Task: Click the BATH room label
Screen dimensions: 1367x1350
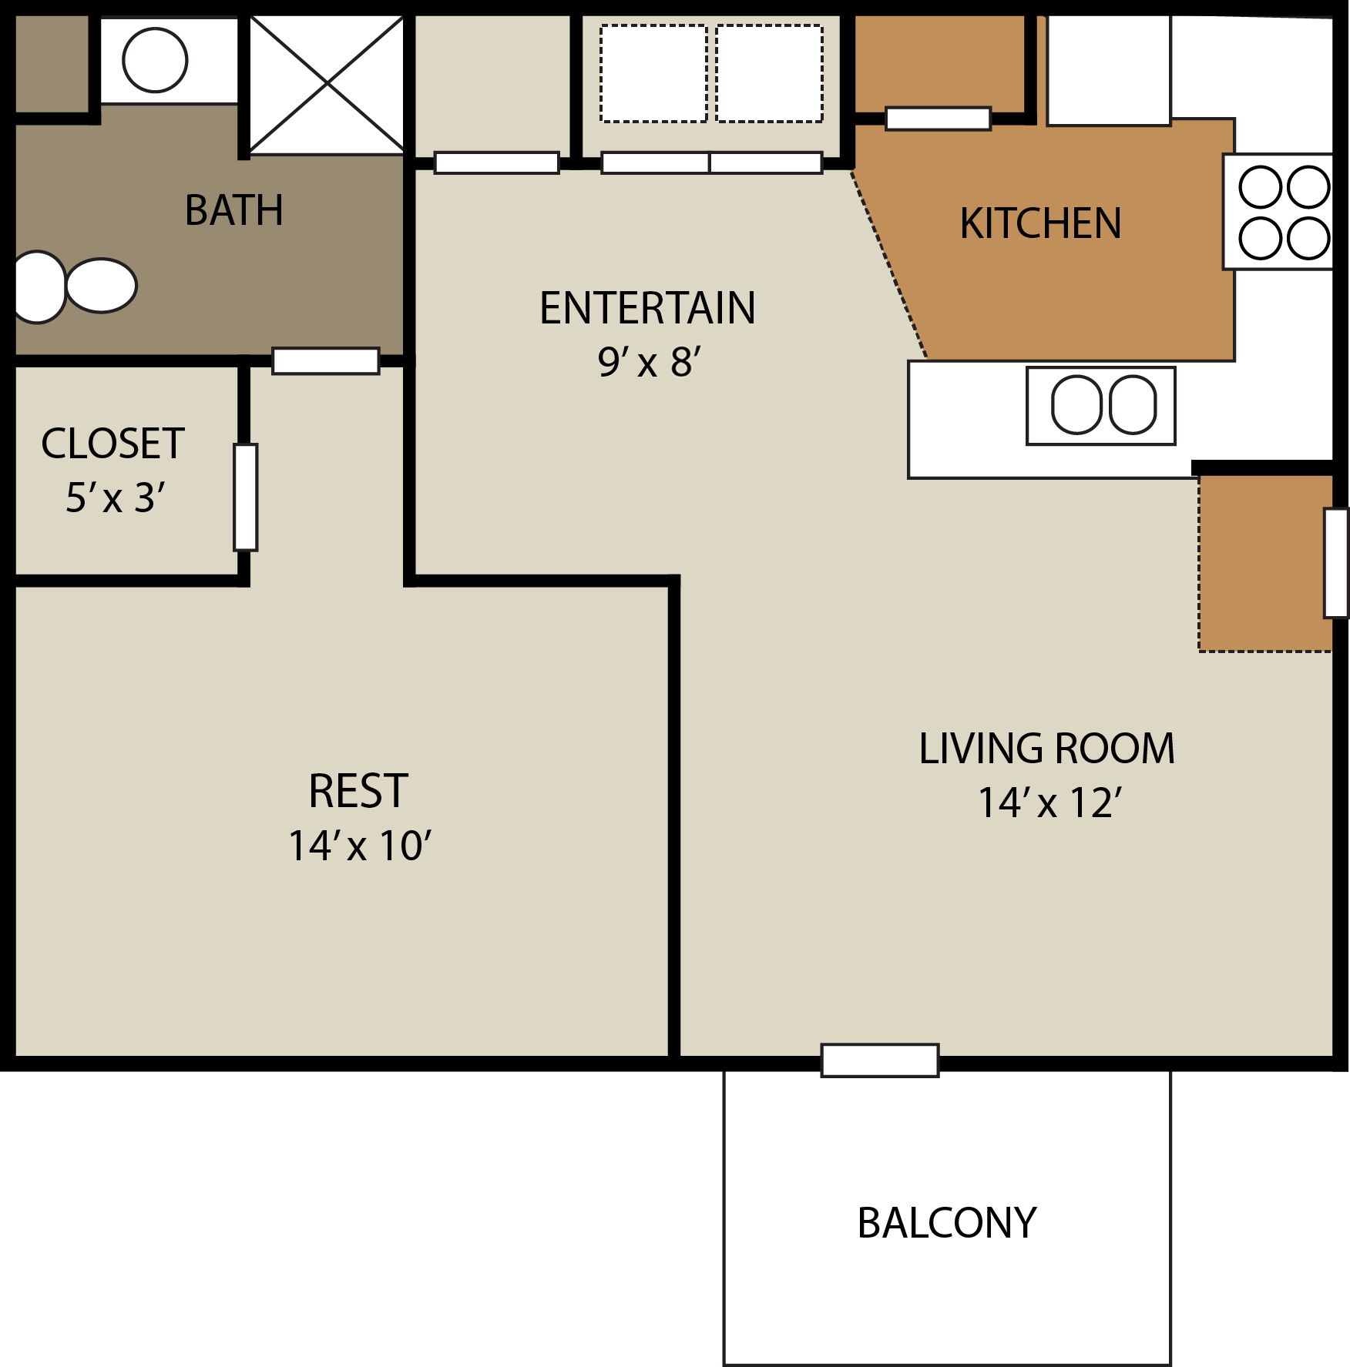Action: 234,210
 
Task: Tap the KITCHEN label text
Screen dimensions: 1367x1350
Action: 1040,224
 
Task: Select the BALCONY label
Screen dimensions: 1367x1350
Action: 946,1223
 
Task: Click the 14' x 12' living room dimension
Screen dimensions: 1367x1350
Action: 1049,803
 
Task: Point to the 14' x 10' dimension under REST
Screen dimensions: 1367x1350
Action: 359,846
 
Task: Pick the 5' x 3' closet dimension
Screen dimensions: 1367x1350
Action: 115,498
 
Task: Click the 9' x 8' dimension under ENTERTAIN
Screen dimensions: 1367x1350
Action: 649,362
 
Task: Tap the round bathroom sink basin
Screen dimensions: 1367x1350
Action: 155,60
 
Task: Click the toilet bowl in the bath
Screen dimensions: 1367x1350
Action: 101,285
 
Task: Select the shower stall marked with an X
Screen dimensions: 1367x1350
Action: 327,84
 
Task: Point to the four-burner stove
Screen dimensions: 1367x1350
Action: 1283,213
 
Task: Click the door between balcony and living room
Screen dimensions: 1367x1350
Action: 879,1060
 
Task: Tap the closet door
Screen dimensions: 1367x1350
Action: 246,498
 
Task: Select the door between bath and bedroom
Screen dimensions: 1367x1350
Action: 326,361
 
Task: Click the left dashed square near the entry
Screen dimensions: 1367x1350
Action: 653,74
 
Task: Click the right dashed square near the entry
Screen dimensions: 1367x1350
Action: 769,74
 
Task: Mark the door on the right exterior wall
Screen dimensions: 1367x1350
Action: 1336,563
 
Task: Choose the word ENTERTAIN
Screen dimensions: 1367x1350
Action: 647,308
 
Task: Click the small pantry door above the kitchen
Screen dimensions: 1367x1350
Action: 938,119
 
